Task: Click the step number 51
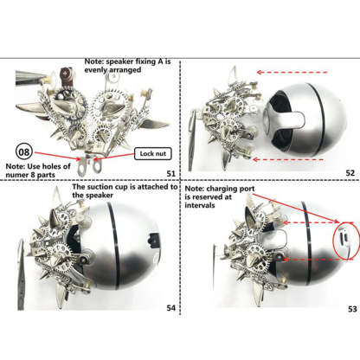click(x=171, y=173)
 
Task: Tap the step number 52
click(x=350, y=173)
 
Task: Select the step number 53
click(x=352, y=309)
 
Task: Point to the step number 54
click(x=171, y=308)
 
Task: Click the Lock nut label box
click(x=153, y=154)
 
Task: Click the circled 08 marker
click(x=24, y=151)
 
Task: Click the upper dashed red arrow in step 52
click(x=292, y=72)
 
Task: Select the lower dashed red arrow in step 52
click(x=288, y=159)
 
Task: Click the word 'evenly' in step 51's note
click(x=94, y=70)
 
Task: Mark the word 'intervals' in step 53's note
click(x=200, y=205)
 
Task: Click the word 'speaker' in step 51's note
click(x=119, y=61)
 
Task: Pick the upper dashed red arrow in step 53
click(x=318, y=222)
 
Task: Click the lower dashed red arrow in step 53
click(x=318, y=260)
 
